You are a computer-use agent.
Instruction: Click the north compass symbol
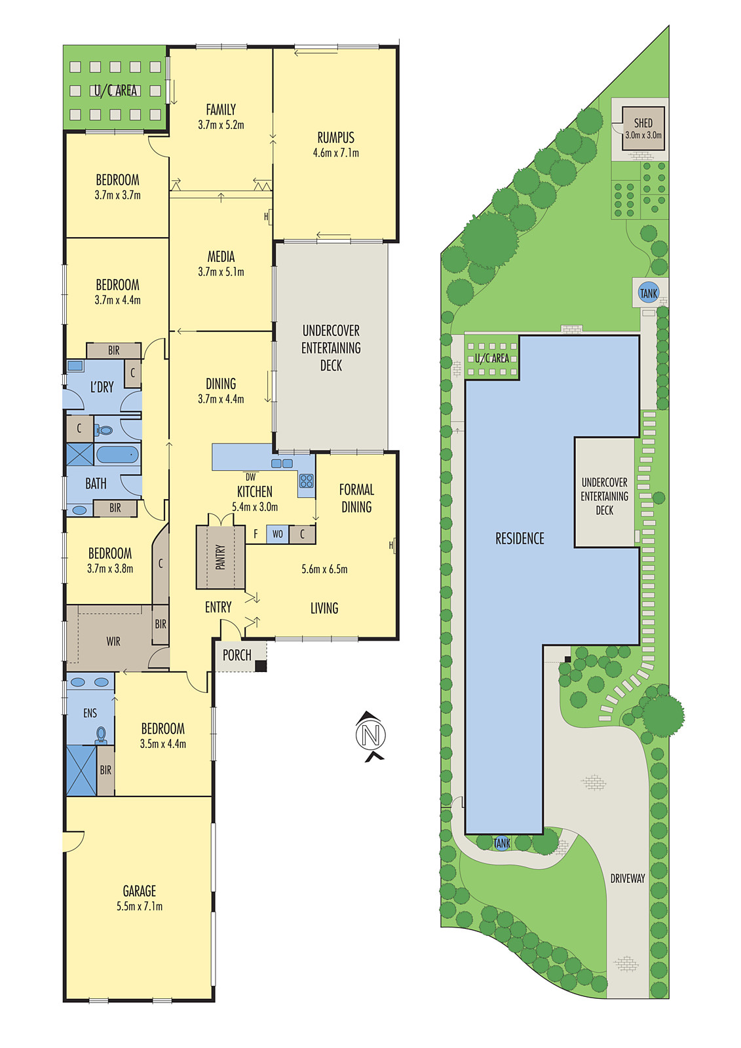371,736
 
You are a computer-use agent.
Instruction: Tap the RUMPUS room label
335,138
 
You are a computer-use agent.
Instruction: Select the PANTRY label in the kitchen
221,557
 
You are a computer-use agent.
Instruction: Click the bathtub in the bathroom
117,454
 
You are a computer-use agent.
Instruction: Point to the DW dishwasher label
251,477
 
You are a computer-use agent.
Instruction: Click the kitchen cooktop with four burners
306,481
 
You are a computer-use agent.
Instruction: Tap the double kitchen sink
282,464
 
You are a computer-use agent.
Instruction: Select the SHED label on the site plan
643,123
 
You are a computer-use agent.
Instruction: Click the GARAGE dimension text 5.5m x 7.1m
140,907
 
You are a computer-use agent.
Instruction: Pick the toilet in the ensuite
101,735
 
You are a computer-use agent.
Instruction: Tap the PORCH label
237,655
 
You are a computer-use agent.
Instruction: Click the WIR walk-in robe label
113,641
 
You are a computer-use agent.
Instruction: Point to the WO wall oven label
278,534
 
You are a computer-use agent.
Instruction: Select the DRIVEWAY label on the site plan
627,878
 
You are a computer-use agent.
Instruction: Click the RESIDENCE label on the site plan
520,538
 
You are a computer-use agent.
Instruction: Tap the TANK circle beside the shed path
649,293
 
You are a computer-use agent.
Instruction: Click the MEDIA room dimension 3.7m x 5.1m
221,272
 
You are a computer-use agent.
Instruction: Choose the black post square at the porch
261,665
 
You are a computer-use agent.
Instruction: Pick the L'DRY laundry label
102,387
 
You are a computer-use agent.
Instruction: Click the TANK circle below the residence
502,843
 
